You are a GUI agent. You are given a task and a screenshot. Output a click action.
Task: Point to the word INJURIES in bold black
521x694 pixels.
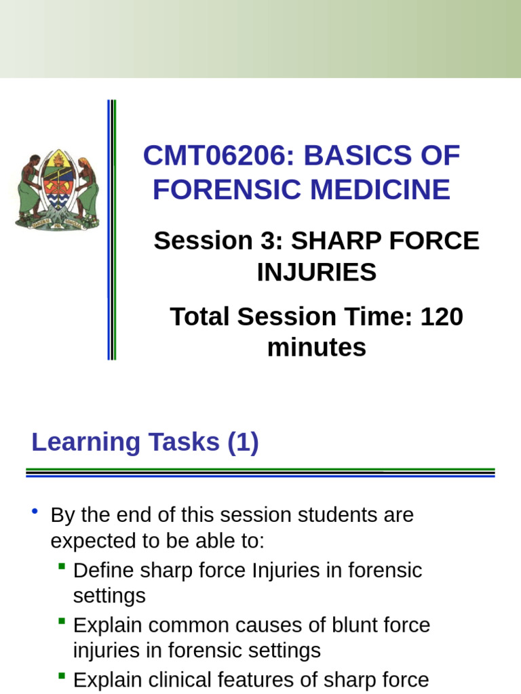click(316, 272)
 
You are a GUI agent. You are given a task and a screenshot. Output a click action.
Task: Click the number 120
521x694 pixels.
click(442, 317)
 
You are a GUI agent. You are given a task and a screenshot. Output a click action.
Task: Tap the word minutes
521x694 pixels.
click(316, 348)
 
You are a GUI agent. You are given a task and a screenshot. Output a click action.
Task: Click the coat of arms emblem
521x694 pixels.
click(57, 190)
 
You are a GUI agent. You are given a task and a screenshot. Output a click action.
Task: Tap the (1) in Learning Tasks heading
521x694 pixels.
click(244, 443)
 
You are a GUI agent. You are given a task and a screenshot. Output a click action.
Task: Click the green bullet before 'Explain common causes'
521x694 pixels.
click(62, 620)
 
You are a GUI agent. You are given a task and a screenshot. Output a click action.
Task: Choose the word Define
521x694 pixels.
click(104, 570)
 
